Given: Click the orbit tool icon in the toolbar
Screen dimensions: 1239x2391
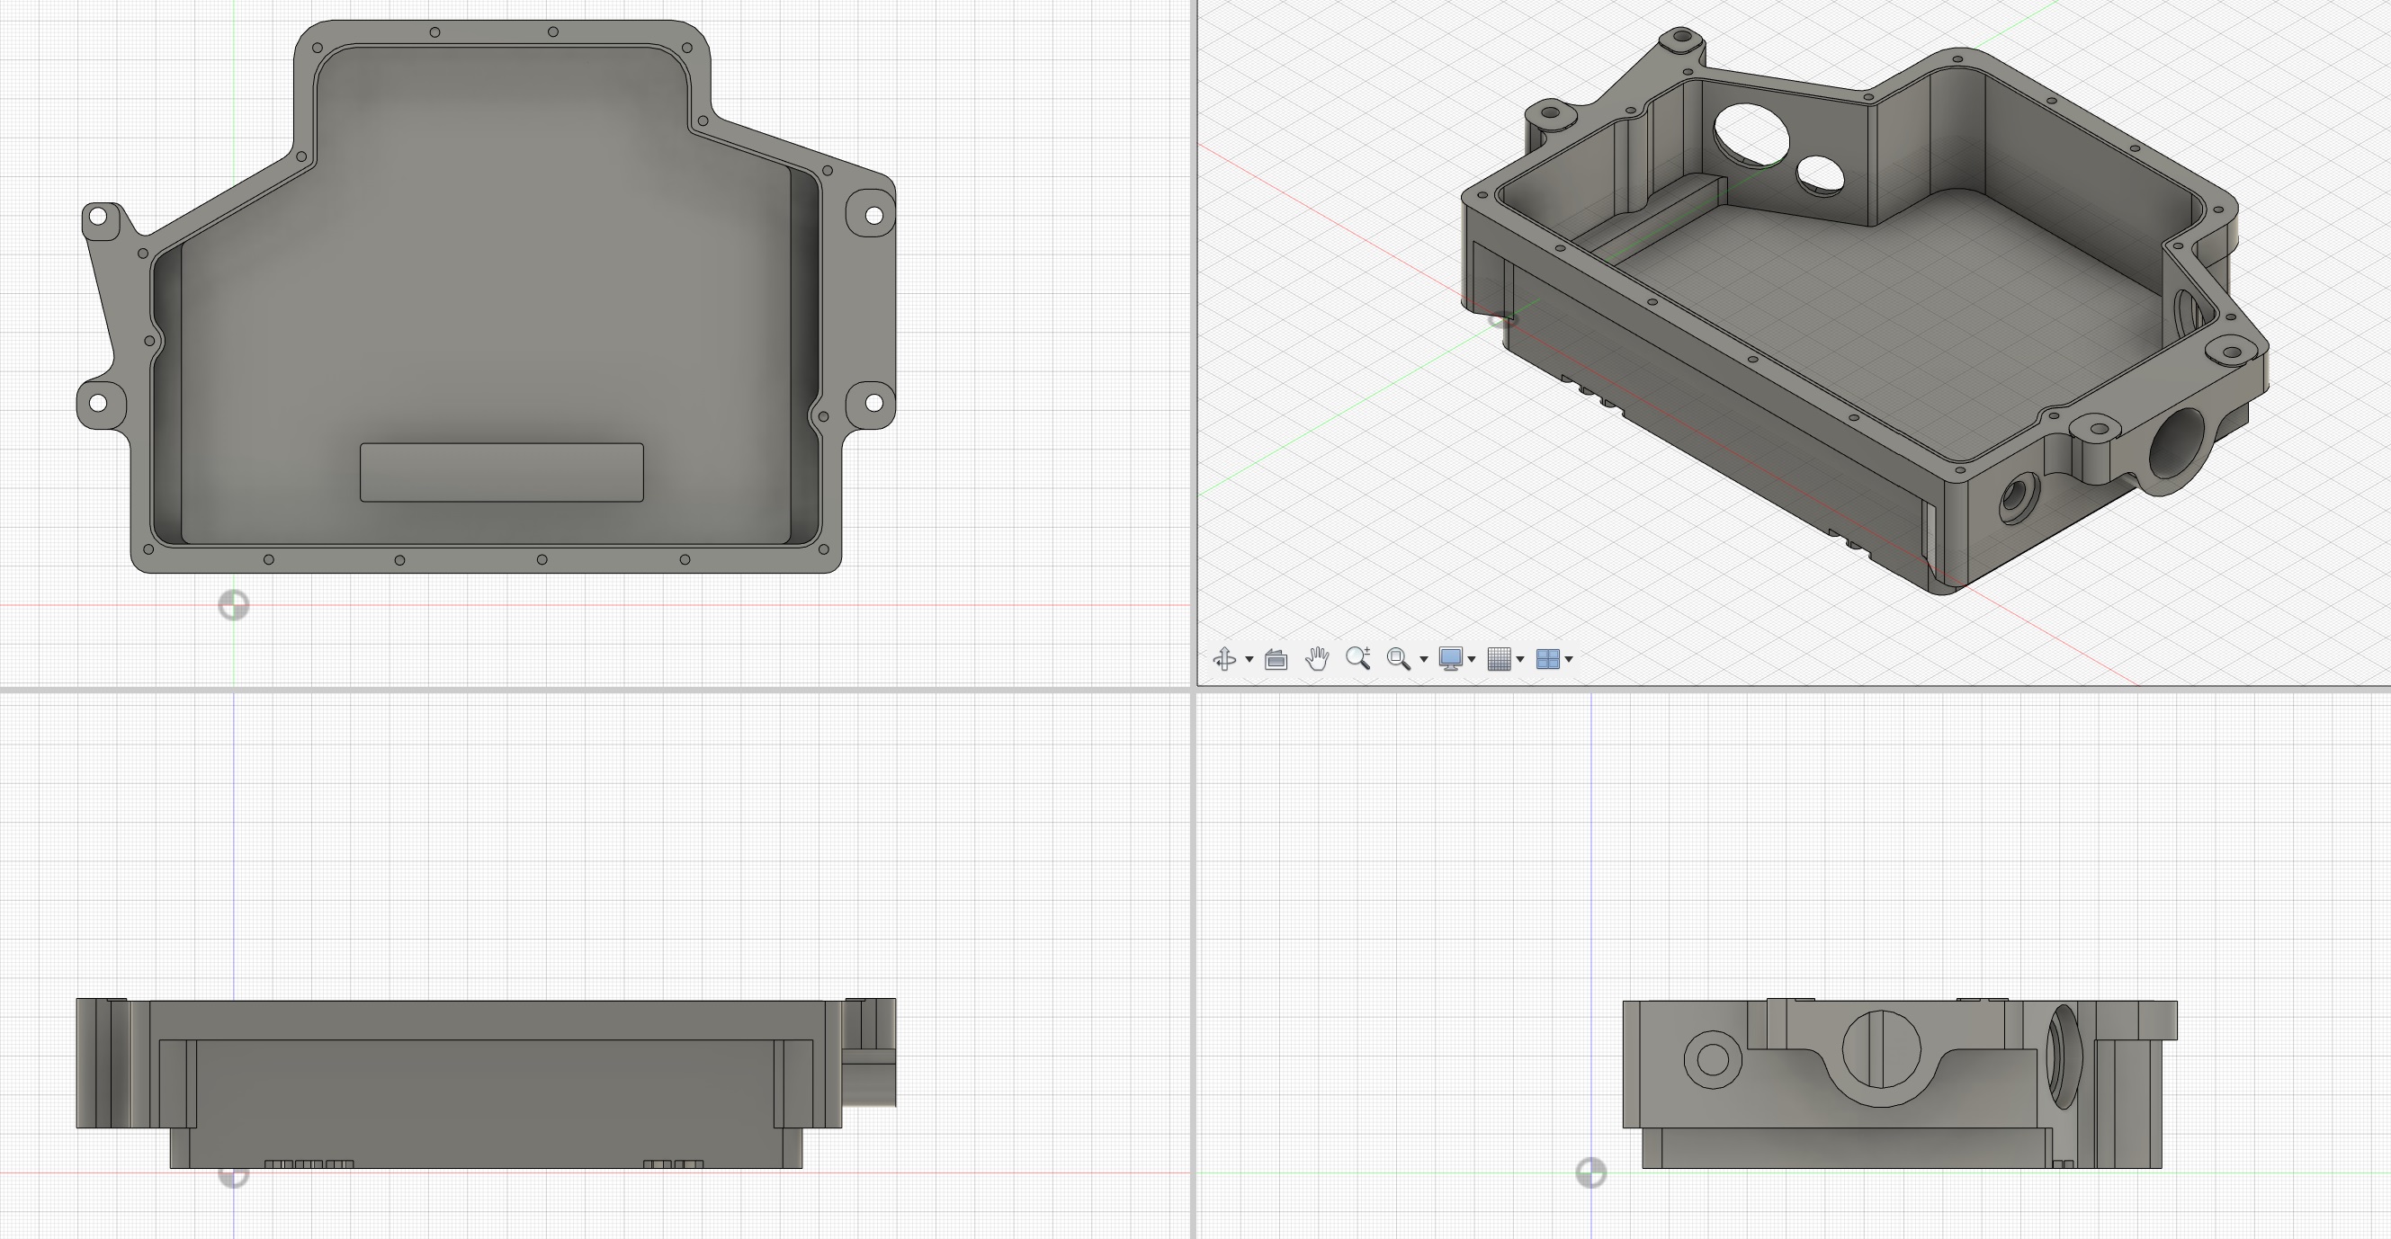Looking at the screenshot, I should coord(1223,659).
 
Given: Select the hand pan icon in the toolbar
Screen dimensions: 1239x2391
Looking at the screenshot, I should coord(1316,659).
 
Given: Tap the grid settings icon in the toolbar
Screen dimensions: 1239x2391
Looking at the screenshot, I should coord(1498,659).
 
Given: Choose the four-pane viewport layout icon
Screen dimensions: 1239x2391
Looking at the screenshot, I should coord(1547,659).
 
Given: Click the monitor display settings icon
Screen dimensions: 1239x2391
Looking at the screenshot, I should coord(1450,659).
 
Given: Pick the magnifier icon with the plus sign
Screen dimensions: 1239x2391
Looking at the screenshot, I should coord(1358,658).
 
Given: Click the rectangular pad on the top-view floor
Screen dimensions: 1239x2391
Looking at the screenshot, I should coord(501,472).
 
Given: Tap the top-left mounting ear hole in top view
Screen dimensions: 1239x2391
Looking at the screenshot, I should coord(97,218).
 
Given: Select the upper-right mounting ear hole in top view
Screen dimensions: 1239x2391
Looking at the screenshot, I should coord(873,215).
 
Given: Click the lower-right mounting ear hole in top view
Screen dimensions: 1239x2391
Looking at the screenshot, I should coord(873,402).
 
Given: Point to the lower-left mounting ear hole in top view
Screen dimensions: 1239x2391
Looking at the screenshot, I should coord(97,403).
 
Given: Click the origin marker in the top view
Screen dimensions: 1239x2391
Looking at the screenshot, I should coord(233,605).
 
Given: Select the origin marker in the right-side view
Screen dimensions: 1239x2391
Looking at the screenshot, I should coord(1591,1173).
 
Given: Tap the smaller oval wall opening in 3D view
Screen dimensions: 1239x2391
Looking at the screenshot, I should coord(1820,174).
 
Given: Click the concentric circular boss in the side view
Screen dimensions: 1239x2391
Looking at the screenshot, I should coord(1712,1059).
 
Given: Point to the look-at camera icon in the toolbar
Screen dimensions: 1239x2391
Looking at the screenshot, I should coord(1276,659).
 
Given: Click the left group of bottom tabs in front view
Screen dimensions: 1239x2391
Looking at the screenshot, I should coord(309,1163).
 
